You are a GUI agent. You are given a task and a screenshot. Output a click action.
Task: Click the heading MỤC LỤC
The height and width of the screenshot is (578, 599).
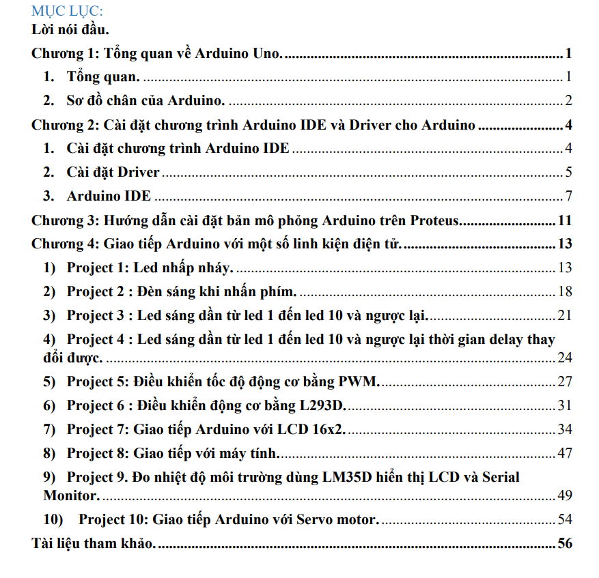[67, 12]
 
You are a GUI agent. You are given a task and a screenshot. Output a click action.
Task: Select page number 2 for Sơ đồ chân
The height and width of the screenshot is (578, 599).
[568, 102]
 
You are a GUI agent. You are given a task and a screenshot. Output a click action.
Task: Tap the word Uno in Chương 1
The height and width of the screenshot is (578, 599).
[266, 54]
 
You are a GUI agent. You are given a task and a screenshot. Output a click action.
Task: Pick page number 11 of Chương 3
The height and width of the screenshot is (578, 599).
[564, 220]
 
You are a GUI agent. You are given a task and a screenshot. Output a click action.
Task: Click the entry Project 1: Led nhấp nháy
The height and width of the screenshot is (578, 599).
[150, 268]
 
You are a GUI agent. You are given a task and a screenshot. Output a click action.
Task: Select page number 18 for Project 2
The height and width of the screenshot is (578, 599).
[564, 291]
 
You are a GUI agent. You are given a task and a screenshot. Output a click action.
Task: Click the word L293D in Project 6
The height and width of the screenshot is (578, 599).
[322, 405]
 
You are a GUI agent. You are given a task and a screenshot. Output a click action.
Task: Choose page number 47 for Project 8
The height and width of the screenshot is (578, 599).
[564, 453]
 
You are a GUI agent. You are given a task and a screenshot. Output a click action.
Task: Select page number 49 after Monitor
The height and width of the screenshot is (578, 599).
[564, 495]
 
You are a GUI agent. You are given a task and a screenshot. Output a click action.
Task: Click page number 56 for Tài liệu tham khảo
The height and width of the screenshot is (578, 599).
[564, 543]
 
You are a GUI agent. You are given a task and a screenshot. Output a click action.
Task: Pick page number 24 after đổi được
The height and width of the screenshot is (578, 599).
[564, 358]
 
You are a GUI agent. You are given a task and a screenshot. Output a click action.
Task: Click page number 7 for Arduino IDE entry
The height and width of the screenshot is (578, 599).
[568, 197]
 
